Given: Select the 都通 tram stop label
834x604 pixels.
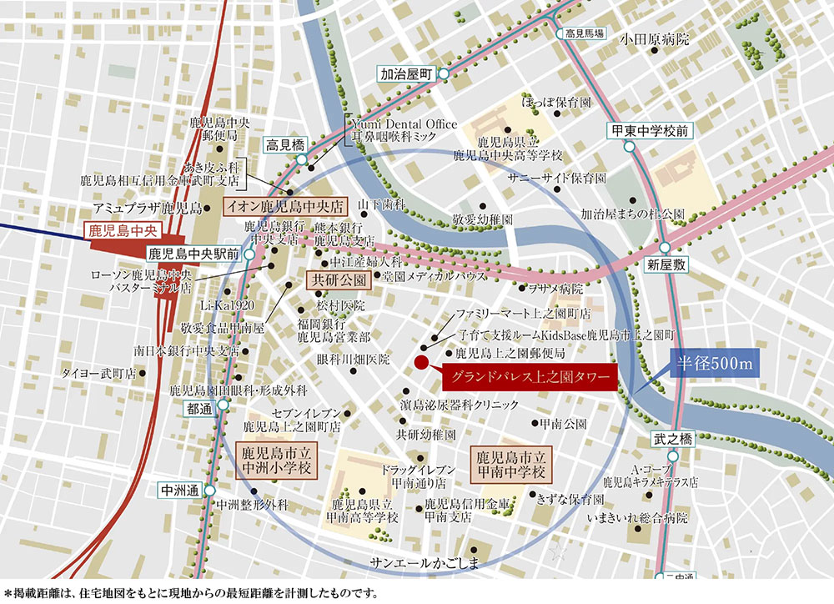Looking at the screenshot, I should [x=199, y=409].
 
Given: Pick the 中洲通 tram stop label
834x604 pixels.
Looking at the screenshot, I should [x=178, y=491].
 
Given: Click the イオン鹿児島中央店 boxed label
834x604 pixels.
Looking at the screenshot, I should [x=284, y=205].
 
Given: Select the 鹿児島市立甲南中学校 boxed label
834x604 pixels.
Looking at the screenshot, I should [x=510, y=464].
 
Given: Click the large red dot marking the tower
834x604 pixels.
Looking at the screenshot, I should [x=421, y=362].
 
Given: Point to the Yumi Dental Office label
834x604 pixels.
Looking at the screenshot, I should [x=404, y=123].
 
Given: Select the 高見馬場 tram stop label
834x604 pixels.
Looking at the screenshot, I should [x=584, y=33].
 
